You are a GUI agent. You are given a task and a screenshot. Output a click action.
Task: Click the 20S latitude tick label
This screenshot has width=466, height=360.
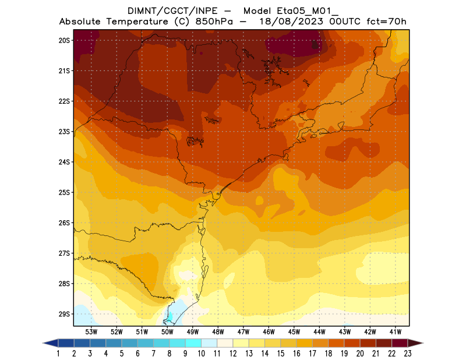[x=64, y=40]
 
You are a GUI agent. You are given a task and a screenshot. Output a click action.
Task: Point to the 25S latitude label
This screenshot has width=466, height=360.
[x=64, y=192]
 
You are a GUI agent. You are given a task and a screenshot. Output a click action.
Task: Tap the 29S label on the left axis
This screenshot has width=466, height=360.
[x=64, y=314]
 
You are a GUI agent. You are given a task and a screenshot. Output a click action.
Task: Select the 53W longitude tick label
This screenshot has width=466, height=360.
[x=91, y=331]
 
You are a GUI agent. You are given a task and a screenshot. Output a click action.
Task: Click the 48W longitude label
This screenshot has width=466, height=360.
[x=218, y=331]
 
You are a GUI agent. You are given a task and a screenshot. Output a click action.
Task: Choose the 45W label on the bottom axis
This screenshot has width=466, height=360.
[x=294, y=331]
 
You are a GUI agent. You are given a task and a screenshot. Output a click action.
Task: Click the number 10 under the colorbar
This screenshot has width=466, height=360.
[x=202, y=353]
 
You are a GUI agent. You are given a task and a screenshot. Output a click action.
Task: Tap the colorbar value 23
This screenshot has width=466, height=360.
[x=408, y=353]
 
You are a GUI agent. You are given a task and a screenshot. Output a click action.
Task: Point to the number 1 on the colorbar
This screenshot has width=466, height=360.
[x=59, y=353]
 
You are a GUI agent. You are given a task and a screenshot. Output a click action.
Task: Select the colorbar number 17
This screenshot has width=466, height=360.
[x=313, y=353]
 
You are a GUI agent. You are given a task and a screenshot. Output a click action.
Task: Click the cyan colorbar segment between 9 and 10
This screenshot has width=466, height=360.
[x=193, y=343]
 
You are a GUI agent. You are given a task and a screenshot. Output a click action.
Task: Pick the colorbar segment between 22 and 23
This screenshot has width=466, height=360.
[x=400, y=343]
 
